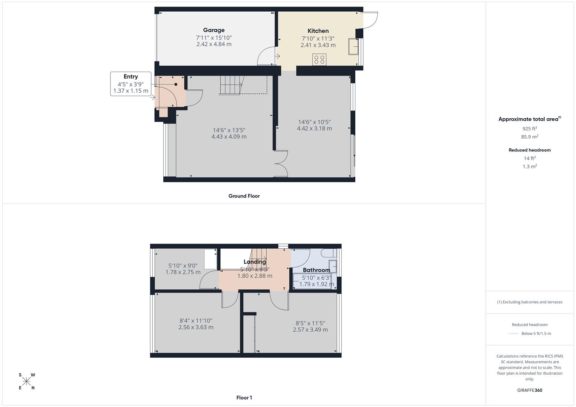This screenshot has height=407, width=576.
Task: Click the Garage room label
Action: click(214, 30)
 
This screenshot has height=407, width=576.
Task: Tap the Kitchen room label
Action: click(318, 31)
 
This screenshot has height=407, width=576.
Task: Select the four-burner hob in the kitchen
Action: click(319, 59)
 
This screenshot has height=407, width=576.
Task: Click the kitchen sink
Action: click(353, 46)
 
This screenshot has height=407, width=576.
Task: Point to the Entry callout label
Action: click(131, 77)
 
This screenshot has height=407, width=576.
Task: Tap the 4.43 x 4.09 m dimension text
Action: click(229, 136)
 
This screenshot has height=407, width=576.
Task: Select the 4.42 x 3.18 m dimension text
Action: click(314, 129)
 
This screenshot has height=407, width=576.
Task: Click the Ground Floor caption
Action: click(244, 196)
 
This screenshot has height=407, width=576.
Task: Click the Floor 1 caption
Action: click(244, 398)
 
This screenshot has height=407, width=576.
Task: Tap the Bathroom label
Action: click(316, 270)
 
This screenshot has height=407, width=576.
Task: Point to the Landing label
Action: click(255, 262)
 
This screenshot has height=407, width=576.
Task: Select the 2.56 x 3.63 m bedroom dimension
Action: click(196, 327)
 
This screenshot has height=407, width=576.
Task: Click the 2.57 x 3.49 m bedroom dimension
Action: click(310, 329)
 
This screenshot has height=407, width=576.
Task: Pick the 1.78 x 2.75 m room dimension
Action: click(183, 272)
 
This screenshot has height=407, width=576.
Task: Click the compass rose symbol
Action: click(27, 381)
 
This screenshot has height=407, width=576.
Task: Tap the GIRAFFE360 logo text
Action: click(530, 390)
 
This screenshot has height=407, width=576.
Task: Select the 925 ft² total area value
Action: click(530, 129)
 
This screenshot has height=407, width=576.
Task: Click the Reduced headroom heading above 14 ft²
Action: click(530, 150)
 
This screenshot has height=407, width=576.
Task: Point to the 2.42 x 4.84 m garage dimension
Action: click(214, 44)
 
